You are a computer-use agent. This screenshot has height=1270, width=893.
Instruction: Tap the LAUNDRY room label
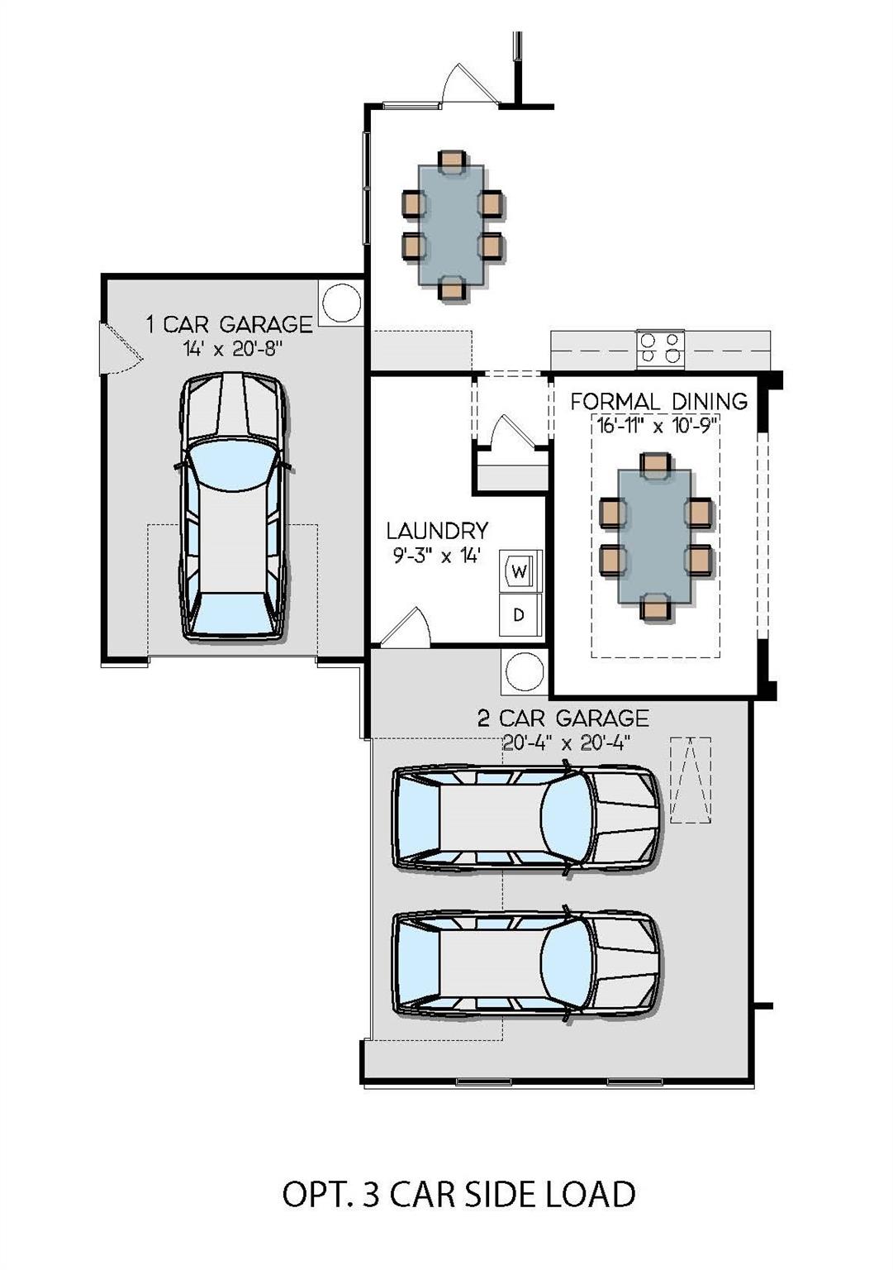click(437, 531)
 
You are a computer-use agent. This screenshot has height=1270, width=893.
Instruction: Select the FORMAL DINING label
click(658, 402)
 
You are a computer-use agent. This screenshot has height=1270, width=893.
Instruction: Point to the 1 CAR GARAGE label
click(230, 324)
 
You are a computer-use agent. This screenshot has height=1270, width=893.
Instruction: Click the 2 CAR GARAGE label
click(563, 718)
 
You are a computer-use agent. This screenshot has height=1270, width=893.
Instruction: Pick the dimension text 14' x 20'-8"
click(232, 349)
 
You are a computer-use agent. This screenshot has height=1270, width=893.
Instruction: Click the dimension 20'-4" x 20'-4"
click(566, 742)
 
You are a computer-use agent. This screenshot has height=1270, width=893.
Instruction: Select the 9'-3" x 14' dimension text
click(437, 555)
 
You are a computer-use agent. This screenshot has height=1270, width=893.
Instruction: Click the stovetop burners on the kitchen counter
click(661, 348)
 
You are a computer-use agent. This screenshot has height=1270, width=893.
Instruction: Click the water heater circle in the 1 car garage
click(341, 303)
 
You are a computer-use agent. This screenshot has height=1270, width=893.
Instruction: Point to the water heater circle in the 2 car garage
click(524, 671)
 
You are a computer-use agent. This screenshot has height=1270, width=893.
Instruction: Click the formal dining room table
click(654, 536)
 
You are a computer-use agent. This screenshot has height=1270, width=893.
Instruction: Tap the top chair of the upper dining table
click(452, 160)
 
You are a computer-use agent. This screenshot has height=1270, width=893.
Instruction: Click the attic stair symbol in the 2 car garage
click(691, 780)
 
